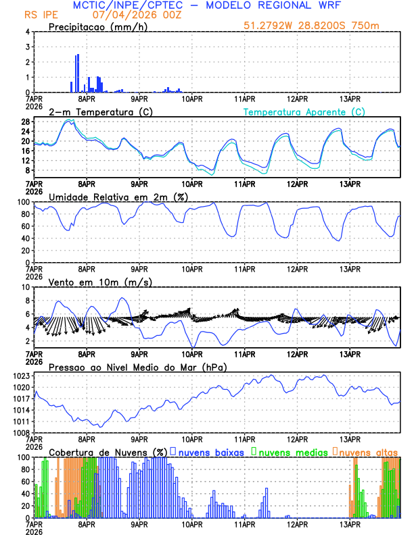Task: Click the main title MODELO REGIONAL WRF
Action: point(284,5)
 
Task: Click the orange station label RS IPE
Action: point(41,14)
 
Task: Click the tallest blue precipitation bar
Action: point(78,73)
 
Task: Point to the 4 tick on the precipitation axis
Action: point(28,32)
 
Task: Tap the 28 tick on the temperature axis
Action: point(25,122)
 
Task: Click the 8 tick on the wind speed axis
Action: point(28,287)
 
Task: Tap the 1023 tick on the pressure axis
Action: point(20,376)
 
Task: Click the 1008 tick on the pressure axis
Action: point(20,433)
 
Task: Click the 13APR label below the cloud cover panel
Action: point(349,524)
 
